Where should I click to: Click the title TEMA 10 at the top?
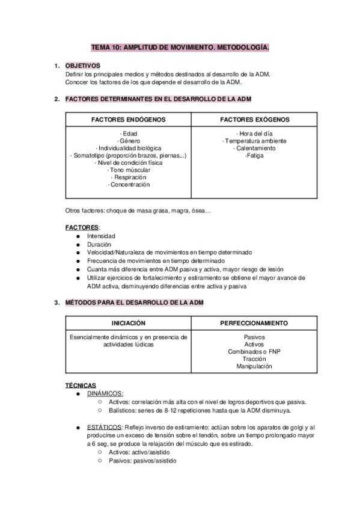pos(180,46)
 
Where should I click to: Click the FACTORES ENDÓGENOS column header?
pos(128,120)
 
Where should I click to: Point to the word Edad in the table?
pos(129,134)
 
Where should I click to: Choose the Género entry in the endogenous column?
pos(129,141)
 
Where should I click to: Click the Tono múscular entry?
pos(129,170)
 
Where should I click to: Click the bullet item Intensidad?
pos(102,236)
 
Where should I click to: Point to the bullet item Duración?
pos(99,245)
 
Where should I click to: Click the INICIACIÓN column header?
pos(128,323)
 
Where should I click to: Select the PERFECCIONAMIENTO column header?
pos(254,323)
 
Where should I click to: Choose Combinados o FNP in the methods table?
pos(254,351)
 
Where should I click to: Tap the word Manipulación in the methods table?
pos(254,366)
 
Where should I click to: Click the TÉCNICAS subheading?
pos(80,385)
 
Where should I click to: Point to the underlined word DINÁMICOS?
pos(105,393)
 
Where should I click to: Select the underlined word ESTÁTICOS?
pos(103,428)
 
